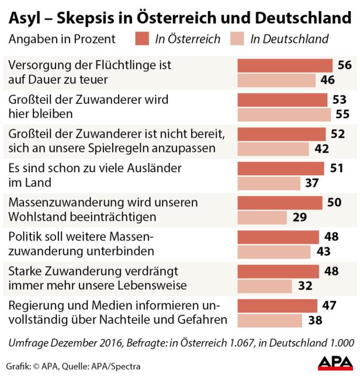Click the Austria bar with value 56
coord(284,65)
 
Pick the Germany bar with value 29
coord(261,217)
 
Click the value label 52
coord(338,134)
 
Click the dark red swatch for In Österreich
coord(141,39)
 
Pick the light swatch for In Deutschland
coord(237,39)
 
